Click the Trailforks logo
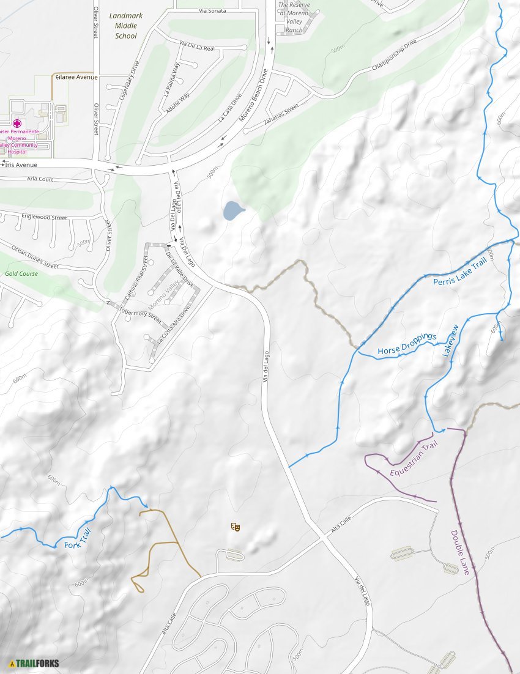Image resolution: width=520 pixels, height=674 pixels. pyautogui.click(x=34, y=663)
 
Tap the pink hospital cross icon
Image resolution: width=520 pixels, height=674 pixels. pyautogui.click(x=17, y=123)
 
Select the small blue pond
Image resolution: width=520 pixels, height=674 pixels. pyautogui.click(x=233, y=210)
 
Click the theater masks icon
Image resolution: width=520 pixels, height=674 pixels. pyautogui.click(x=235, y=527)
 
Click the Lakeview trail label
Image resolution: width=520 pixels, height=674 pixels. pyautogui.click(x=450, y=341)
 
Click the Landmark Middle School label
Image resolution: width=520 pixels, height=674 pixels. pyautogui.click(x=126, y=26)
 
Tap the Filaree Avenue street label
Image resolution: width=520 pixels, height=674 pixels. pyautogui.click(x=76, y=78)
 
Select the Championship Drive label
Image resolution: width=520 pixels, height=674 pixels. pyautogui.click(x=394, y=56)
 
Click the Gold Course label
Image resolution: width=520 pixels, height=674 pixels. pyautogui.click(x=21, y=273)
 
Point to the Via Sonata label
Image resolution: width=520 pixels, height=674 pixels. pyautogui.click(x=212, y=11)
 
